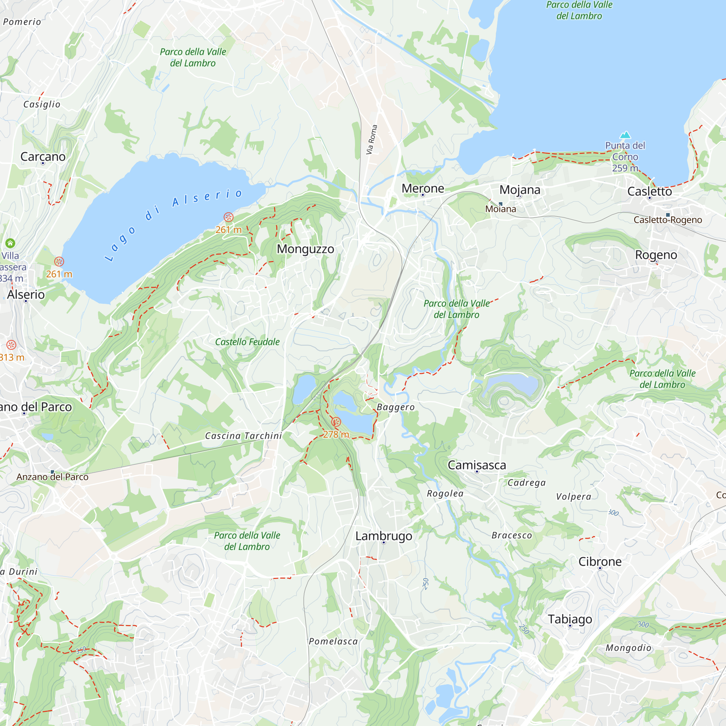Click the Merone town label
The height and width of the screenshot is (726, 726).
pos(423,188)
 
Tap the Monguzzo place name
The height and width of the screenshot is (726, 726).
pos(306,249)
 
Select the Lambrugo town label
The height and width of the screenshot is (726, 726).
pos(384,536)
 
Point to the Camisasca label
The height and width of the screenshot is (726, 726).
pos(477,465)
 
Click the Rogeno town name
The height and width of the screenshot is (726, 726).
pos(656,255)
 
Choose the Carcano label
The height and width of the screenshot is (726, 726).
pos(43,157)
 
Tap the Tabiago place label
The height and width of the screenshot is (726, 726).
pos(570,619)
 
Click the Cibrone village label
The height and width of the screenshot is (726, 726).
pos(600,562)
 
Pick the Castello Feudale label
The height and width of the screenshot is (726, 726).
pos(247,342)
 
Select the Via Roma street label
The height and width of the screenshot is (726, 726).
pos(371,140)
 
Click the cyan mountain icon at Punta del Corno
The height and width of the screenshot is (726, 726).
pos(625,135)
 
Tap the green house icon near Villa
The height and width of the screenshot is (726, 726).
pos(10,243)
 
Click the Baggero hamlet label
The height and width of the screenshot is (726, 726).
pos(396,407)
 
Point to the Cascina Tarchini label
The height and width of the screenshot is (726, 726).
pos(244,436)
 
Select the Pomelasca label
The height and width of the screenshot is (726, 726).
pos(333,641)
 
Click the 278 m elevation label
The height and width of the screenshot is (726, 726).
pos(336,435)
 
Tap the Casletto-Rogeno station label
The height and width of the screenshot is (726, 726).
pos(668,220)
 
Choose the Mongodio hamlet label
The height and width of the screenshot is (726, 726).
pos(629,648)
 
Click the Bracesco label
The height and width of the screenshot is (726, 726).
pos(512,535)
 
